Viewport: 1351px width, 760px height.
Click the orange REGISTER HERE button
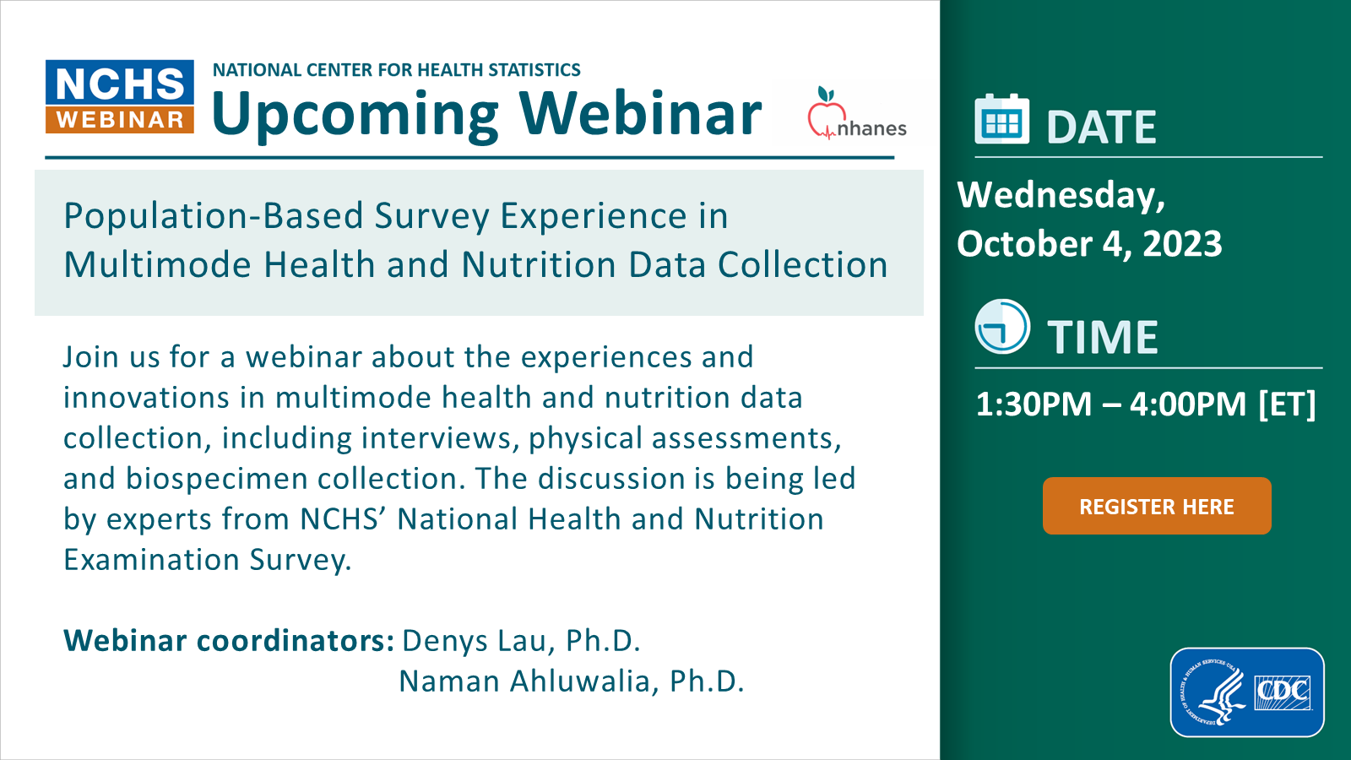click(x=1156, y=506)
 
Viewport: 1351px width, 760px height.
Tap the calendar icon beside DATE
click(x=1001, y=120)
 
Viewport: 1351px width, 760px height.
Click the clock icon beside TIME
click(x=1002, y=326)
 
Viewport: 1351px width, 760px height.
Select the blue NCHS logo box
click(x=120, y=83)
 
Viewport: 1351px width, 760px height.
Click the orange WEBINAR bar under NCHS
click(x=120, y=120)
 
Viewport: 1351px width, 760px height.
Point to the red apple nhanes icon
click(x=826, y=113)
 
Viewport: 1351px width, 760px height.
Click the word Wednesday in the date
click(x=1061, y=195)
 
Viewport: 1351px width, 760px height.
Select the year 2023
click(x=1182, y=244)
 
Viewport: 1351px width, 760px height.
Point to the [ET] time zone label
click(x=1287, y=404)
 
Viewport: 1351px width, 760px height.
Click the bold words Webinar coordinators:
click(x=229, y=641)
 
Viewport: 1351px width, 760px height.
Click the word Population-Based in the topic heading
click(x=214, y=216)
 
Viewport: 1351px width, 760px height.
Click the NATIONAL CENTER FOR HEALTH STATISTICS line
click(x=396, y=70)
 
